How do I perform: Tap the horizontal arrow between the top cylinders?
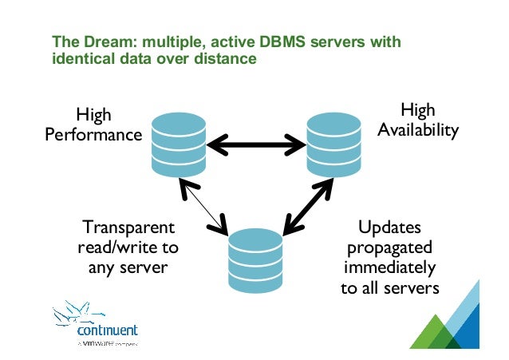256,146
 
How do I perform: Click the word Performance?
93,135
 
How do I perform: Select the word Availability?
418,129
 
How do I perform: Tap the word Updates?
389,227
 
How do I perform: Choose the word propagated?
389,247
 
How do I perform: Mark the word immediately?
389,267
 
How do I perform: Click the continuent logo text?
108,330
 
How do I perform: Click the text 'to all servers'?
389,287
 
